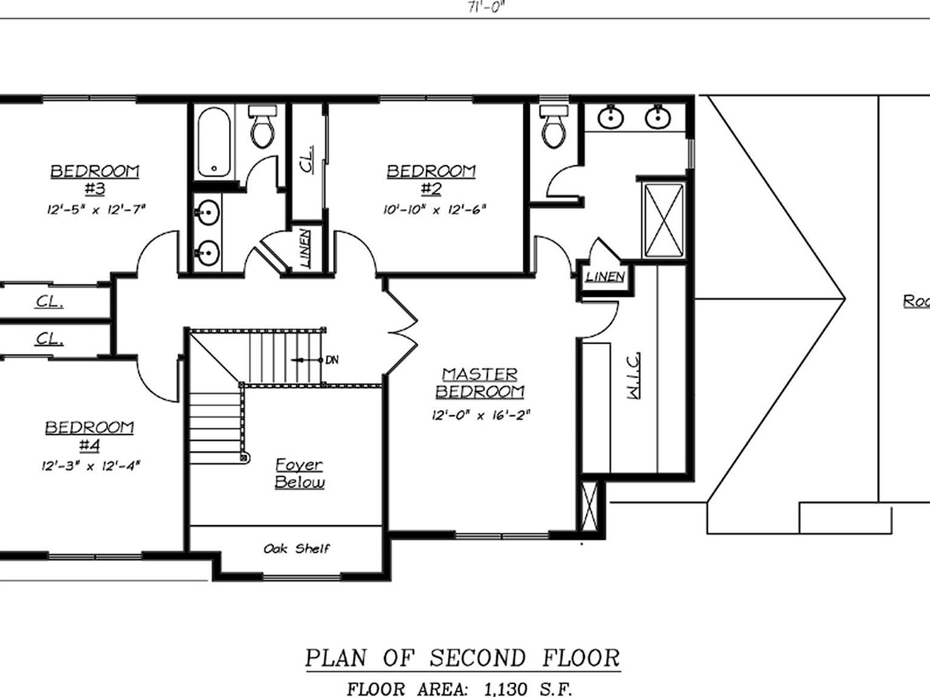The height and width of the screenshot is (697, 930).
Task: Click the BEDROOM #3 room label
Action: click(94, 180)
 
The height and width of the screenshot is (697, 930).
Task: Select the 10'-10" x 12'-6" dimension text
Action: click(434, 210)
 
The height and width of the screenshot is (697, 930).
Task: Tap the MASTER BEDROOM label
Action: click(480, 383)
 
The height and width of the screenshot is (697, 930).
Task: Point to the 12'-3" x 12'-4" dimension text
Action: click(91, 466)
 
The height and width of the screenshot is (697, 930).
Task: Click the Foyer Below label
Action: click(299, 473)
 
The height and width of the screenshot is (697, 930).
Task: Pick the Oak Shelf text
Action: click(297, 549)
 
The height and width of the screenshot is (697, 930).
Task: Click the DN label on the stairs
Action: click(332, 360)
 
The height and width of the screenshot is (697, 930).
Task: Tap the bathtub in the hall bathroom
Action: click(214, 142)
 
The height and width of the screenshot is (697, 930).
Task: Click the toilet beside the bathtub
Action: click(262, 128)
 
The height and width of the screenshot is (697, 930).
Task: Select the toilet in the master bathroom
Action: click(552, 128)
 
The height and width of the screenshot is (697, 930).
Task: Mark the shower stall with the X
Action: click(664, 221)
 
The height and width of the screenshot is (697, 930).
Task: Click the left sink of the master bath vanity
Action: click(610, 117)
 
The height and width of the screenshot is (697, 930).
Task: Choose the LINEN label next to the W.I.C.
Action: click(605, 277)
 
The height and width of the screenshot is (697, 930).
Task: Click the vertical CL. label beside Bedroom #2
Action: click(308, 160)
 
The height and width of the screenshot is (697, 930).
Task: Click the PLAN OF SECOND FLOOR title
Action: click(463, 658)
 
